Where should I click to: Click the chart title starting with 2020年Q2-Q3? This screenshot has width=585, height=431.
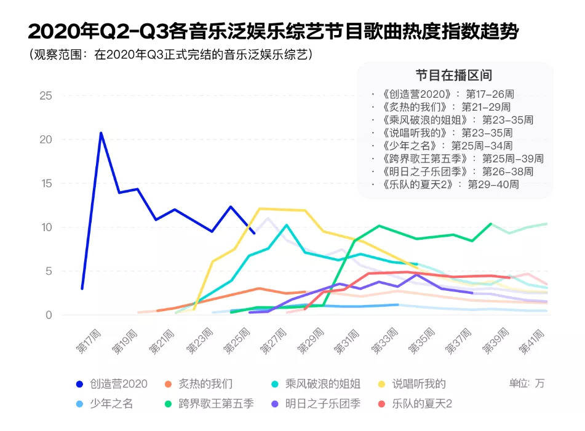pos(273,32)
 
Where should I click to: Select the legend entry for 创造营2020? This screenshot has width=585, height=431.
pos(111,384)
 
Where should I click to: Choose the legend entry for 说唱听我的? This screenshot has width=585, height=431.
pos(414,384)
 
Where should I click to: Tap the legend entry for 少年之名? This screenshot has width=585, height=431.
pos(104,404)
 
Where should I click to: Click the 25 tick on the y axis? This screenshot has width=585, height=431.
pos(45,96)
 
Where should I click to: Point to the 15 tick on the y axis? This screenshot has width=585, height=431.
pos(45,184)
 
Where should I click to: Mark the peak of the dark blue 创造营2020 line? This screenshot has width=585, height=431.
pos(101,133)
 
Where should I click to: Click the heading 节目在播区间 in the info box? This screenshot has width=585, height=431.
pos(453,76)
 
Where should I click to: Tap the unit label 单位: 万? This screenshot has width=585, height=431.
pos(527,383)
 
